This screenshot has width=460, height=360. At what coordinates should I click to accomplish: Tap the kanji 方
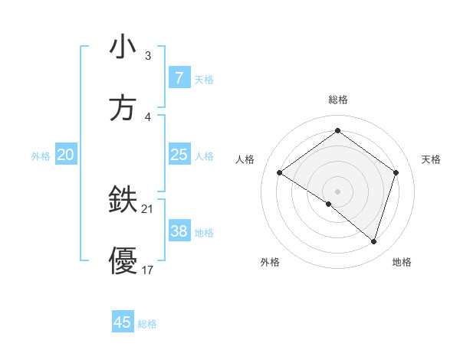123,107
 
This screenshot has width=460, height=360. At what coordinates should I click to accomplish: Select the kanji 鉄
123,201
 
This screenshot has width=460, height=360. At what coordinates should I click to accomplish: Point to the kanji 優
123,260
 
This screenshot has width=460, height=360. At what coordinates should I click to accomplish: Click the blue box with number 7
179,77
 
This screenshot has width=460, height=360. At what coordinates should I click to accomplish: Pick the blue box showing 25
179,155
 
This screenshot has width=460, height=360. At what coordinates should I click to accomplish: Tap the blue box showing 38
179,231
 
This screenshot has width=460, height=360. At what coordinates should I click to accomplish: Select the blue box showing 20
65,155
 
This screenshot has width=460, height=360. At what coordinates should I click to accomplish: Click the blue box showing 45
123,322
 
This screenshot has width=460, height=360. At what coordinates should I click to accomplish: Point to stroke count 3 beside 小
148,56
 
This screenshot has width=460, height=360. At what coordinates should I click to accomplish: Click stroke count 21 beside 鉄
148,209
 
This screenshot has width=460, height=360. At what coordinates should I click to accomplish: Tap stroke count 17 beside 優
148,270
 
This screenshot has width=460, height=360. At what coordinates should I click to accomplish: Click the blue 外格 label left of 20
41,156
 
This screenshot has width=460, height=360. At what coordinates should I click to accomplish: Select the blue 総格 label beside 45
147,324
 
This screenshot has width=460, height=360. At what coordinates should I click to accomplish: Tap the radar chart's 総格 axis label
337,100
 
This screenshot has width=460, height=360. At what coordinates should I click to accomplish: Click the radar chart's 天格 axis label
431,159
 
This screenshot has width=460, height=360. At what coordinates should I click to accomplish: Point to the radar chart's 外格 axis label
270,263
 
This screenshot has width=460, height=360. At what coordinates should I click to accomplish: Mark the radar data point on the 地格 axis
373,241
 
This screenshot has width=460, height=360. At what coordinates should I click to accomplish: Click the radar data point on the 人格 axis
280,173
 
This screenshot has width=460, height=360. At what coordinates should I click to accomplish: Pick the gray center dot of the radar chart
337,191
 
